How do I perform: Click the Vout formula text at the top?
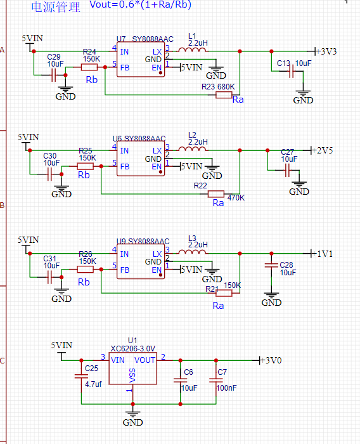140,4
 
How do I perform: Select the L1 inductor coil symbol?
193,50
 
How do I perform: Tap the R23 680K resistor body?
224,95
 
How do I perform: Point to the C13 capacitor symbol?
291,71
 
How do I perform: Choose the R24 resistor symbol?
89,67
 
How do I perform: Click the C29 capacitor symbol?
53,75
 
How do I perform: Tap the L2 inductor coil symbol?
193,149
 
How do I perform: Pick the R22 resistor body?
216,194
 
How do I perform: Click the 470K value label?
236,198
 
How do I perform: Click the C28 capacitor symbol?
271,265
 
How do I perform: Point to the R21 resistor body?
224,293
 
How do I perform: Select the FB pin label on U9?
124,270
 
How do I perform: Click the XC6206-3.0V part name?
132,349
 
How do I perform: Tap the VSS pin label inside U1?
132,375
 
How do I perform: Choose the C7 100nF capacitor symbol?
216,380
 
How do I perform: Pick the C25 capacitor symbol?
81,376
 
